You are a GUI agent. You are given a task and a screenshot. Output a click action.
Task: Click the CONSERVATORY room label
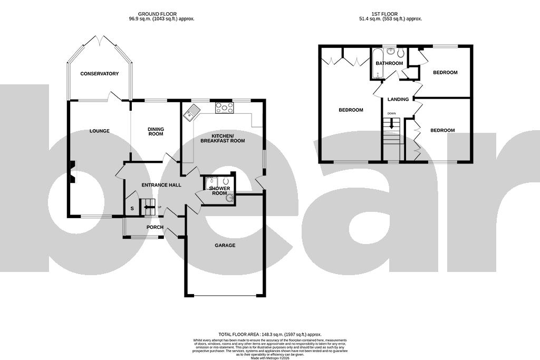(99, 74)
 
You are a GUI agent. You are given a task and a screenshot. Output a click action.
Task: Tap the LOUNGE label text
(99, 131)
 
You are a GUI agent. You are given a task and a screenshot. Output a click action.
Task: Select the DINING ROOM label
(156, 131)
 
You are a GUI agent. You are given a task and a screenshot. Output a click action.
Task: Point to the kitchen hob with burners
(224, 108)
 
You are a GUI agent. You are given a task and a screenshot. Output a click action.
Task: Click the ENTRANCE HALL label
(161, 185)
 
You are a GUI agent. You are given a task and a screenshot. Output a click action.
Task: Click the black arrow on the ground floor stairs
(149, 207)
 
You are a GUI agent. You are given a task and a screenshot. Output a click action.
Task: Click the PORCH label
(155, 228)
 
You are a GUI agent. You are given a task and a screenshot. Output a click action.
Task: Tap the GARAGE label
(225, 246)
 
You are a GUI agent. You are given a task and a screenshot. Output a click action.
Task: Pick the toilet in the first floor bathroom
(400, 53)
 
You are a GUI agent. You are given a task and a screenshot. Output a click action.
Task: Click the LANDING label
(398, 99)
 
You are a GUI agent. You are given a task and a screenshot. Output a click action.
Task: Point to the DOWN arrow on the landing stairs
(391, 124)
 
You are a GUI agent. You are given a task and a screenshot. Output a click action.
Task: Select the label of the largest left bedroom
(351, 110)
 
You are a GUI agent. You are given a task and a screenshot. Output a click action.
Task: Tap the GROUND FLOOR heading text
(157, 14)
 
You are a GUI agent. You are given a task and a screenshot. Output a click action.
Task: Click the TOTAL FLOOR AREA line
(269, 334)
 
